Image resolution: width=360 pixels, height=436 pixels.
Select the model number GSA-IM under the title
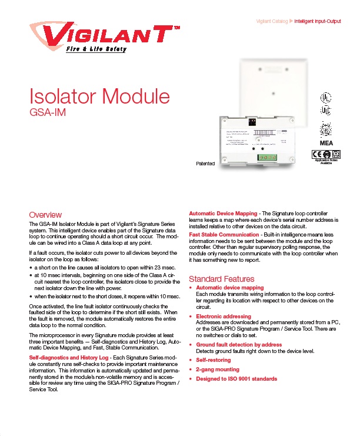point(48,111)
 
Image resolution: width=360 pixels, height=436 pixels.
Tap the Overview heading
point(45,215)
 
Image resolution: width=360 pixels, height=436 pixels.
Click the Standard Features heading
point(221,278)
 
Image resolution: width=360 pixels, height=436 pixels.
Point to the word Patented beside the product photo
point(205,163)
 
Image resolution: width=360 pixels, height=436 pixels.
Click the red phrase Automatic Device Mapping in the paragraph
point(223,213)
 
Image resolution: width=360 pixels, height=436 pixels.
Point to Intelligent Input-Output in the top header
point(317,22)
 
